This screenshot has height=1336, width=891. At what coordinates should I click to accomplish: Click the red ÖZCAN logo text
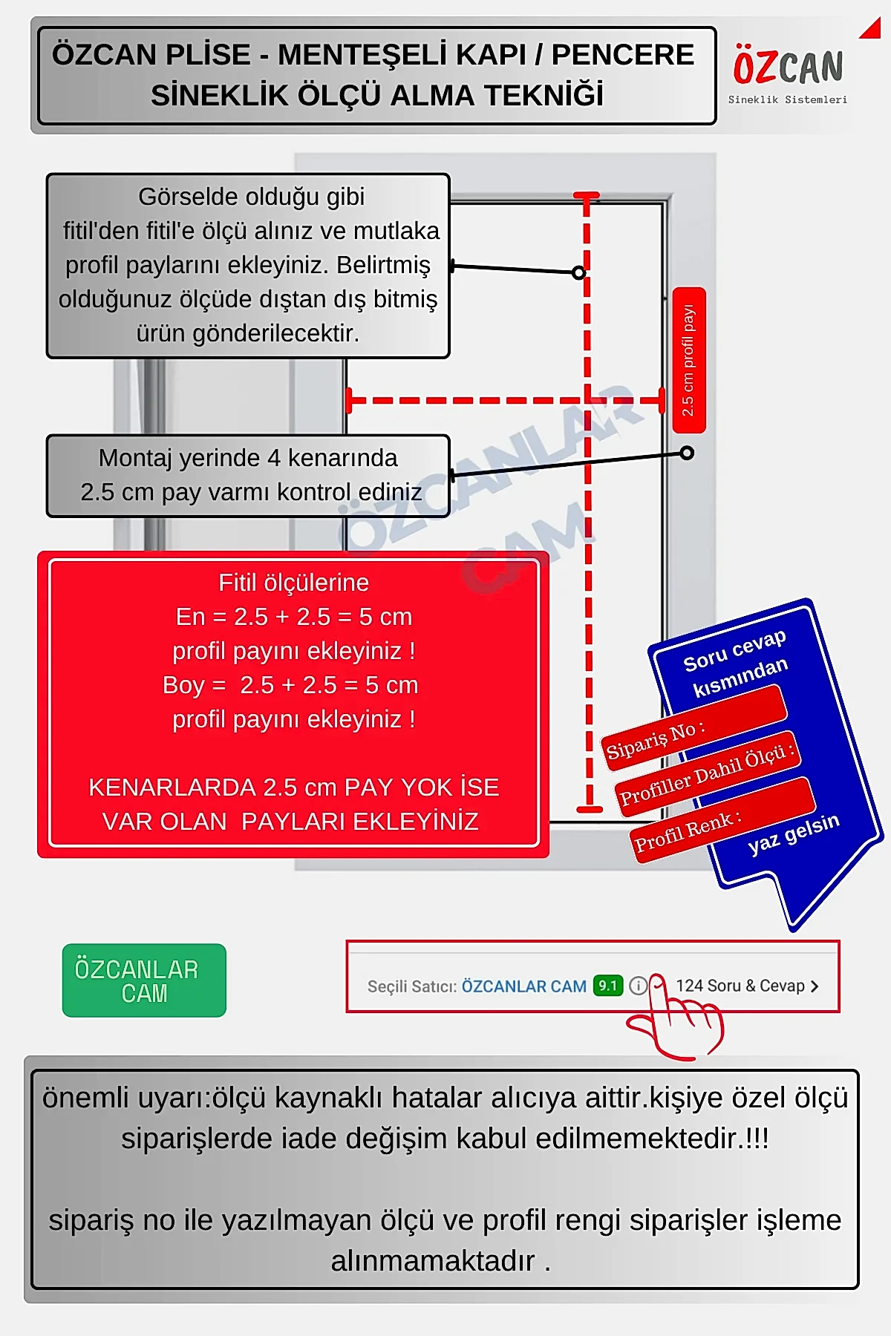[x=788, y=67]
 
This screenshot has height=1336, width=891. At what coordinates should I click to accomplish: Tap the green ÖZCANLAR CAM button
[x=144, y=980]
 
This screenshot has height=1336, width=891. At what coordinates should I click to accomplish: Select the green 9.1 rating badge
[x=607, y=986]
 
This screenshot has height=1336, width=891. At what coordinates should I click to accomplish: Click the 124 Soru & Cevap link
[x=746, y=986]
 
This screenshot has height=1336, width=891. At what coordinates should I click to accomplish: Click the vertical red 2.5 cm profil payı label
[x=688, y=360]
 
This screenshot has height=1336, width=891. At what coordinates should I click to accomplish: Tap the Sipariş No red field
[x=694, y=723]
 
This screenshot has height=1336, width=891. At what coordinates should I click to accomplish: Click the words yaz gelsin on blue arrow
[x=793, y=833]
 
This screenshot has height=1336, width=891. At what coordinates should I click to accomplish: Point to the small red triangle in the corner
[x=871, y=29]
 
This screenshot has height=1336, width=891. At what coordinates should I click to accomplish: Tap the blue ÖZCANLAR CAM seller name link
[x=523, y=986]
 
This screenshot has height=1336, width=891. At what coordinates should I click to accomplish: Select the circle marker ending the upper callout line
[x=579, y=272]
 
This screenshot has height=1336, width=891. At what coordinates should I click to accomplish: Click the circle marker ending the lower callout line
[x=687, y=453]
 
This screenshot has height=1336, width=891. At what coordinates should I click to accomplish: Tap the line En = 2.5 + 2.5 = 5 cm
[x=293, y=617]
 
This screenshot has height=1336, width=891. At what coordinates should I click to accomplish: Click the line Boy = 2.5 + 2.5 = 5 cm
[x=290, y=685]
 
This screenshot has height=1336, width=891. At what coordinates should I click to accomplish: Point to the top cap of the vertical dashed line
[x=586, y=196]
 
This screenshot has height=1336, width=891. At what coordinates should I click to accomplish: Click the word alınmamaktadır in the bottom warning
[x=433, y=1261]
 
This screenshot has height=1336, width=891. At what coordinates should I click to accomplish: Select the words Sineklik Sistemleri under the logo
[x=787, y=99]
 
